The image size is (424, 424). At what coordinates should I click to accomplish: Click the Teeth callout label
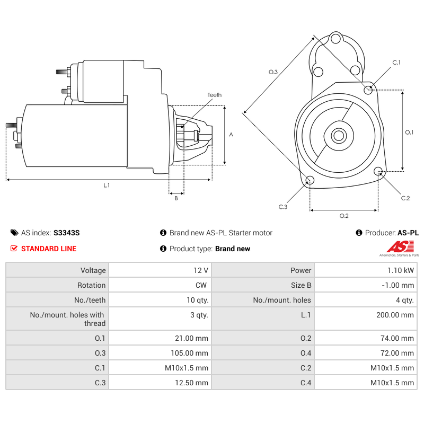click(x=214, y=95)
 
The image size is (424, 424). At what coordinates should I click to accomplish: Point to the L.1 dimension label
click(x=107, y=185)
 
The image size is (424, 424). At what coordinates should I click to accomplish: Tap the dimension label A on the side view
click(x=231, y=135)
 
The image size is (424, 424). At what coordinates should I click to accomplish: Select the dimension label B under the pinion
click(x=176, y=198)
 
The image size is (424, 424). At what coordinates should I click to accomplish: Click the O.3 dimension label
click(x=273, y=72)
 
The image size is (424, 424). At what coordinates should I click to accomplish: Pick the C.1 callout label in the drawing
click(x=396, y=63)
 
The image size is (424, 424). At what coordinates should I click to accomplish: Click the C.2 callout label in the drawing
click(x=405, y=198)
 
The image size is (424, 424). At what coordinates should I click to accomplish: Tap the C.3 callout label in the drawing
click(x=283, y=207)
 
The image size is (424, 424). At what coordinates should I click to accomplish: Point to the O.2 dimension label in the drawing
click(x=344, y=216)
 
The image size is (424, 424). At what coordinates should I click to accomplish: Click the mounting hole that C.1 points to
click(x=368, y=90)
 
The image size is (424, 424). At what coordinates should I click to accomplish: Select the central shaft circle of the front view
click(x=338, y=135)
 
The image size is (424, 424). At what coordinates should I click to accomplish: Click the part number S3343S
click(x=66, y=233)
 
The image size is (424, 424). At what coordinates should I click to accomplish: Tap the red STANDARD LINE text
click(x=48, y=249)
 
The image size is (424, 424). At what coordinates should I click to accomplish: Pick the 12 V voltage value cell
click(x=201, y=270)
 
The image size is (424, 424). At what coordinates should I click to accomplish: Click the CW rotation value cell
click(x=201, y=285)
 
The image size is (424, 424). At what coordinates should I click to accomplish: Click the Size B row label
click(x=301, y=285)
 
